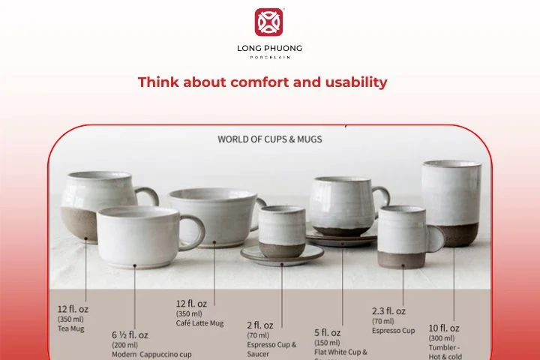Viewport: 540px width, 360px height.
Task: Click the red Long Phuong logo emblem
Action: [x=269, y=22]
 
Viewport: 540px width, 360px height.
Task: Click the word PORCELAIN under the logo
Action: [x=269, y=57]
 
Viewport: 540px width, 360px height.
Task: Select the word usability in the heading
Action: [x=352, y=82]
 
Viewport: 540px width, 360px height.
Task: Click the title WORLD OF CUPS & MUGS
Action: [x=270, y=139]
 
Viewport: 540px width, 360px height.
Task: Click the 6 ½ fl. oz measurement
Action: [x=130, y=334]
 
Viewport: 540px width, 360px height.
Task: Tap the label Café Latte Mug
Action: [x=199, y=323]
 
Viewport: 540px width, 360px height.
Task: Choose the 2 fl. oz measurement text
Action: [x=260, y=325]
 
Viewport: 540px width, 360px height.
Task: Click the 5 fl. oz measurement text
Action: [x=328, y=332]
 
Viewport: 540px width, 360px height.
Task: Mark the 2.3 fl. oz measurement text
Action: [x=388, y=310]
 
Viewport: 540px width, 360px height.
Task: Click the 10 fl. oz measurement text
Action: [x=444, y=328]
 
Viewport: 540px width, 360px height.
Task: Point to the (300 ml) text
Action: [x=441, y=338]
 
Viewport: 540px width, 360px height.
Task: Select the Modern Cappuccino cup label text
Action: [x=151, y=354]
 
